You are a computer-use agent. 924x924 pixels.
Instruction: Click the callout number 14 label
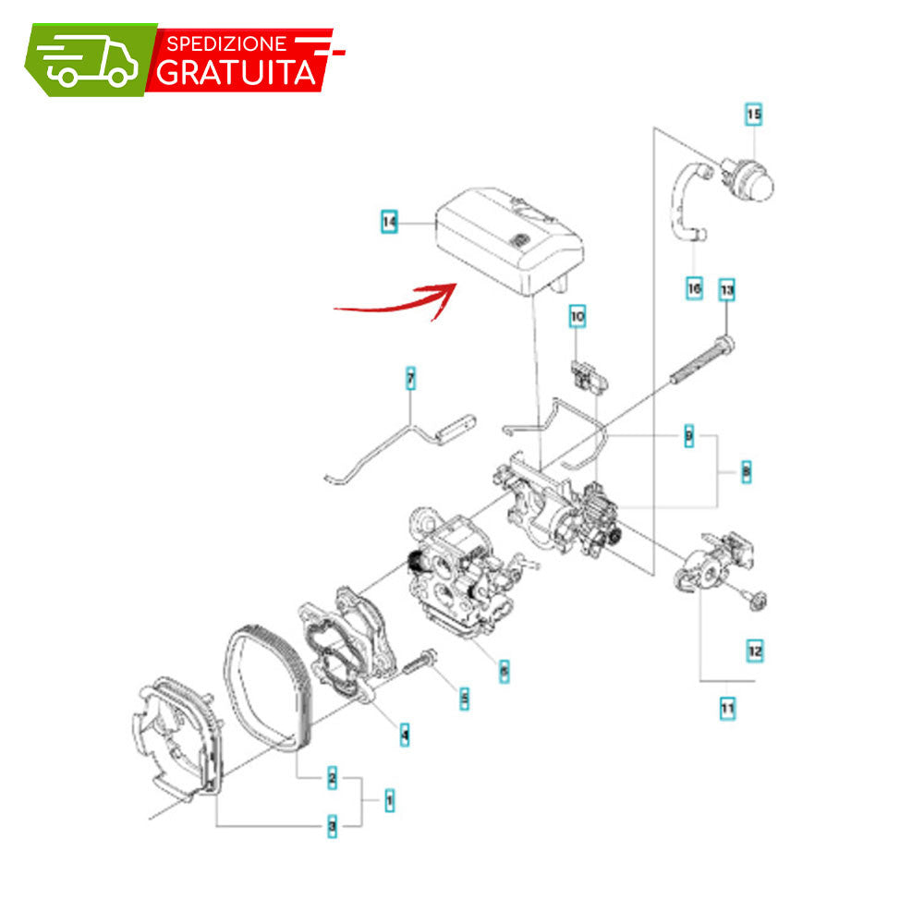click(x=389, y=222)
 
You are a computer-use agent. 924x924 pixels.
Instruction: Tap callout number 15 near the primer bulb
click(x=754, y=114)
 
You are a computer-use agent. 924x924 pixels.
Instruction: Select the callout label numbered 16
click(x=694, y=288)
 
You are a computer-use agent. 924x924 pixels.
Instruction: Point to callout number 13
click(x=727, y=289)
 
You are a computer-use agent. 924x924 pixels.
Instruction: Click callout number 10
click(x=577, y=316)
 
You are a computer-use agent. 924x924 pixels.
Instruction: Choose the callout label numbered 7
click(x=411, y=378)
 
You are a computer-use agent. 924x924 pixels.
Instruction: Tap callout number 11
click(x=728, y=708)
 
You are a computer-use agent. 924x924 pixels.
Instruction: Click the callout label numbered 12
click(x=755, y=651)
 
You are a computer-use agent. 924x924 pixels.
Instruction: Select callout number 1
click(x=390, y=800)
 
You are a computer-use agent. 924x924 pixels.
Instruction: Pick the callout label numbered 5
click(x=465, y=699)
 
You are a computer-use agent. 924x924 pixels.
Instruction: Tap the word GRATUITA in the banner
click(x=236, y=72)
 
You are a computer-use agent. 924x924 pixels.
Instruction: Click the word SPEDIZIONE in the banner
click(x=227, y=43)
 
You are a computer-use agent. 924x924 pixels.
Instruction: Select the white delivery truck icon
click(x=90, y=61)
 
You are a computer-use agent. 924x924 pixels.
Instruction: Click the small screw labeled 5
click(x=420, y=662)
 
